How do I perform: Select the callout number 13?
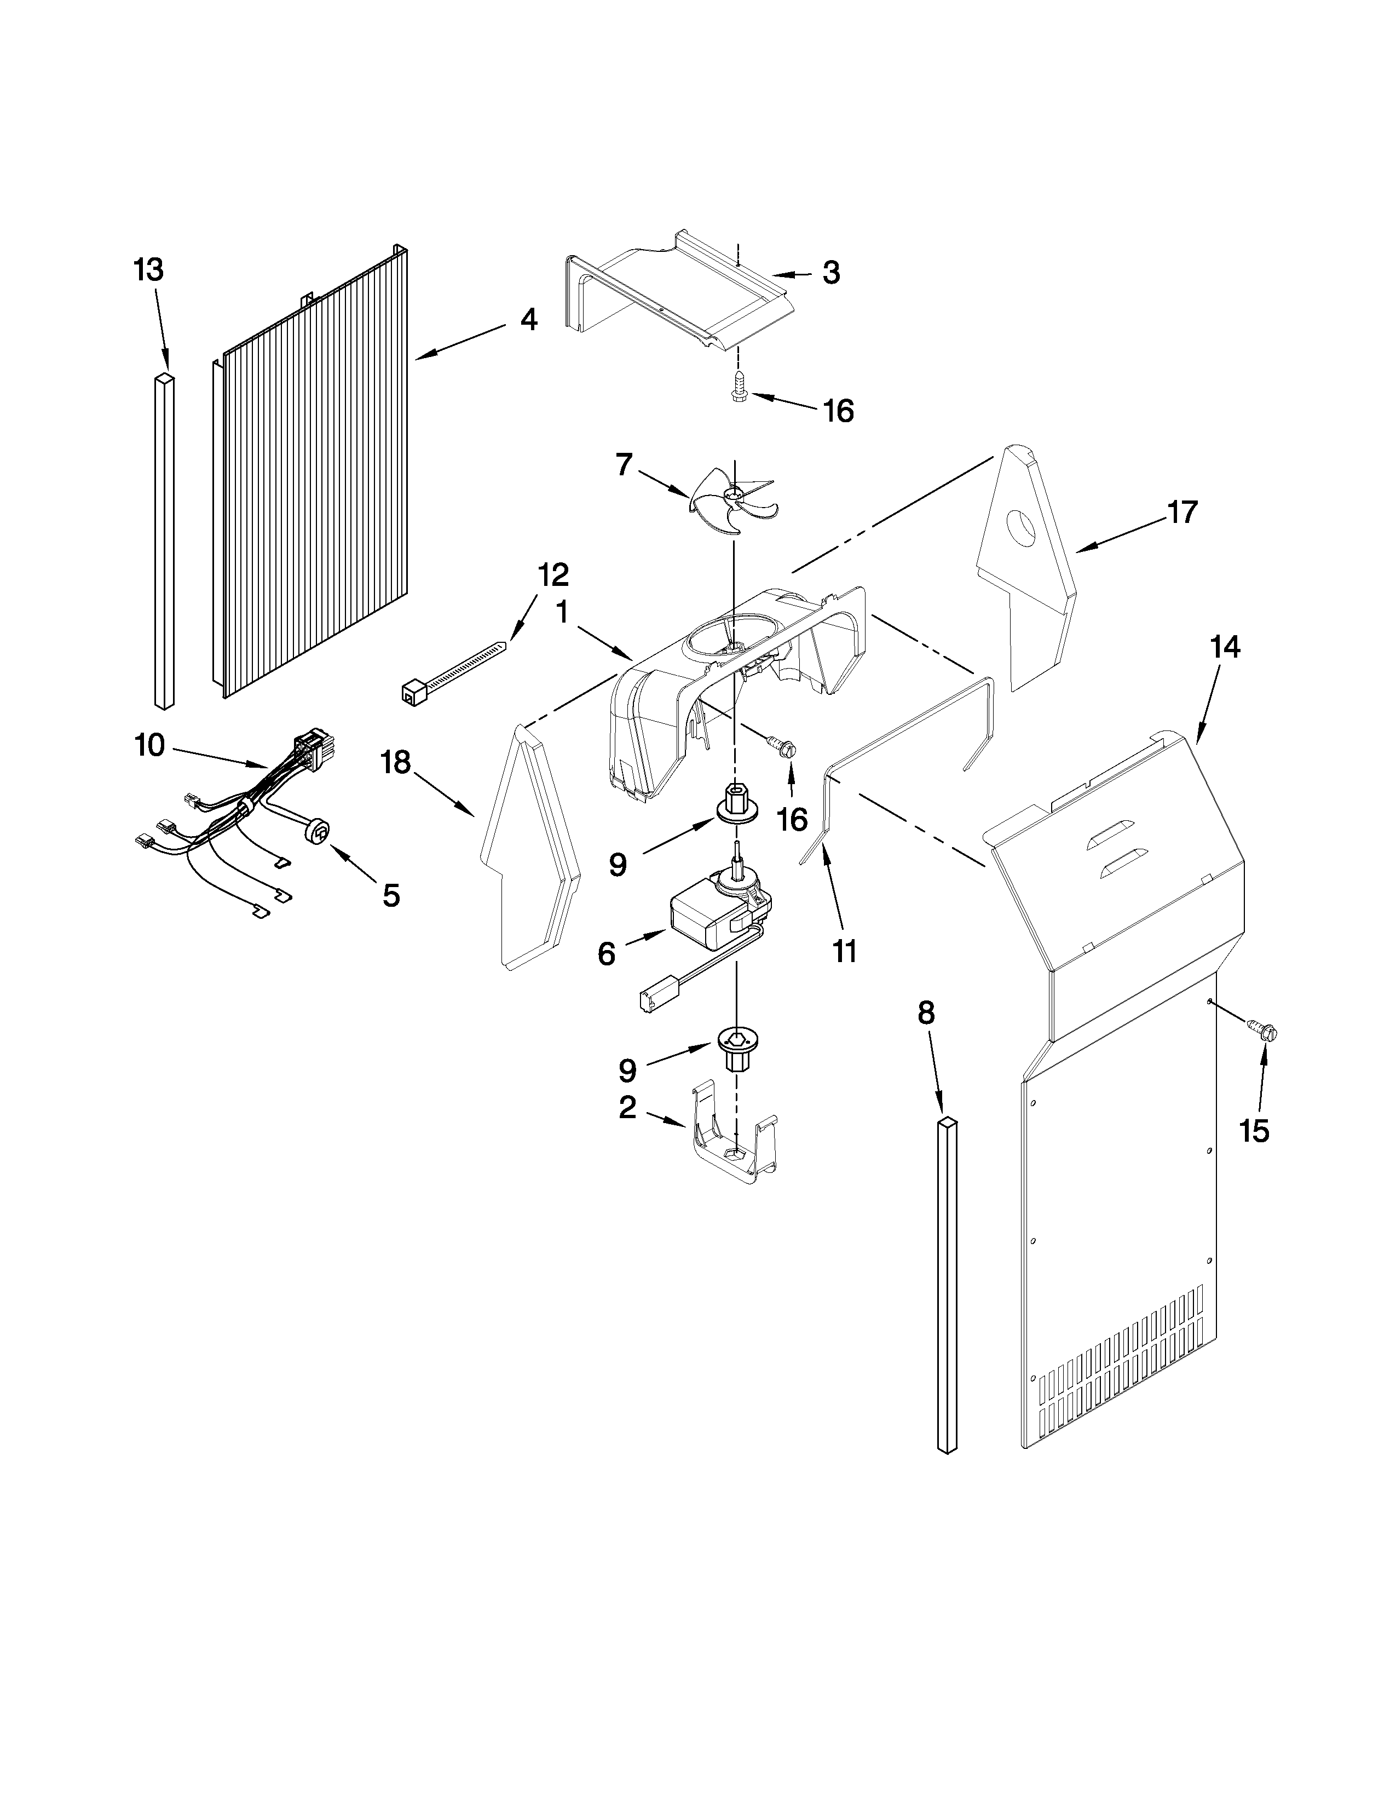click(x=149, y=270)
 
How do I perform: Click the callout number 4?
click(x=528, y=319)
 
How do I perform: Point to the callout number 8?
click(x=926, y=1012)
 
